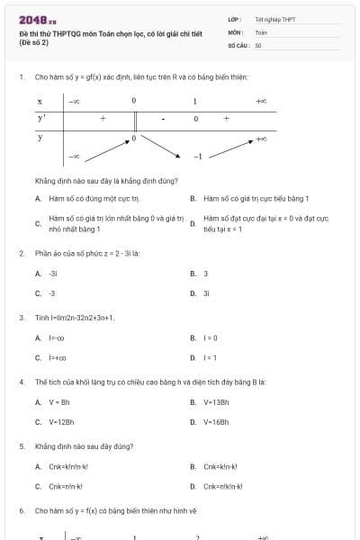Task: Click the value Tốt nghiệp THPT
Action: (x=274, y=18)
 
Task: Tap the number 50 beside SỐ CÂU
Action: (x=258, y=44)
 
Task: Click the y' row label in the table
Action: (x=41, y=118)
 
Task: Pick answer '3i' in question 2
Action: (x=206, y=293)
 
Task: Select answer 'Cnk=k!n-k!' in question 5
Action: (x=223, y=466)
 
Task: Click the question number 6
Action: (x=21, y=510)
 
